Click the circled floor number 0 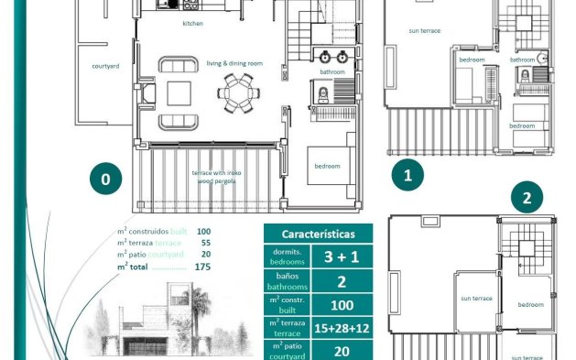click(105, 180)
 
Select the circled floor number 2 click(526, 197)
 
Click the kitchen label click(192, 23)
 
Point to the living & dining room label click(234, 62)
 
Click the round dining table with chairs click(239, 91)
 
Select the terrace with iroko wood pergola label click(216, 177)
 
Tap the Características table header click(318, 234)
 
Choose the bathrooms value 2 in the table click(342, 280)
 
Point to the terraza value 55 click(203, 243)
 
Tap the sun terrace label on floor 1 click(424, 30)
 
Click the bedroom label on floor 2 click(529, 305)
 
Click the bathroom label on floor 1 click(522, 60)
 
